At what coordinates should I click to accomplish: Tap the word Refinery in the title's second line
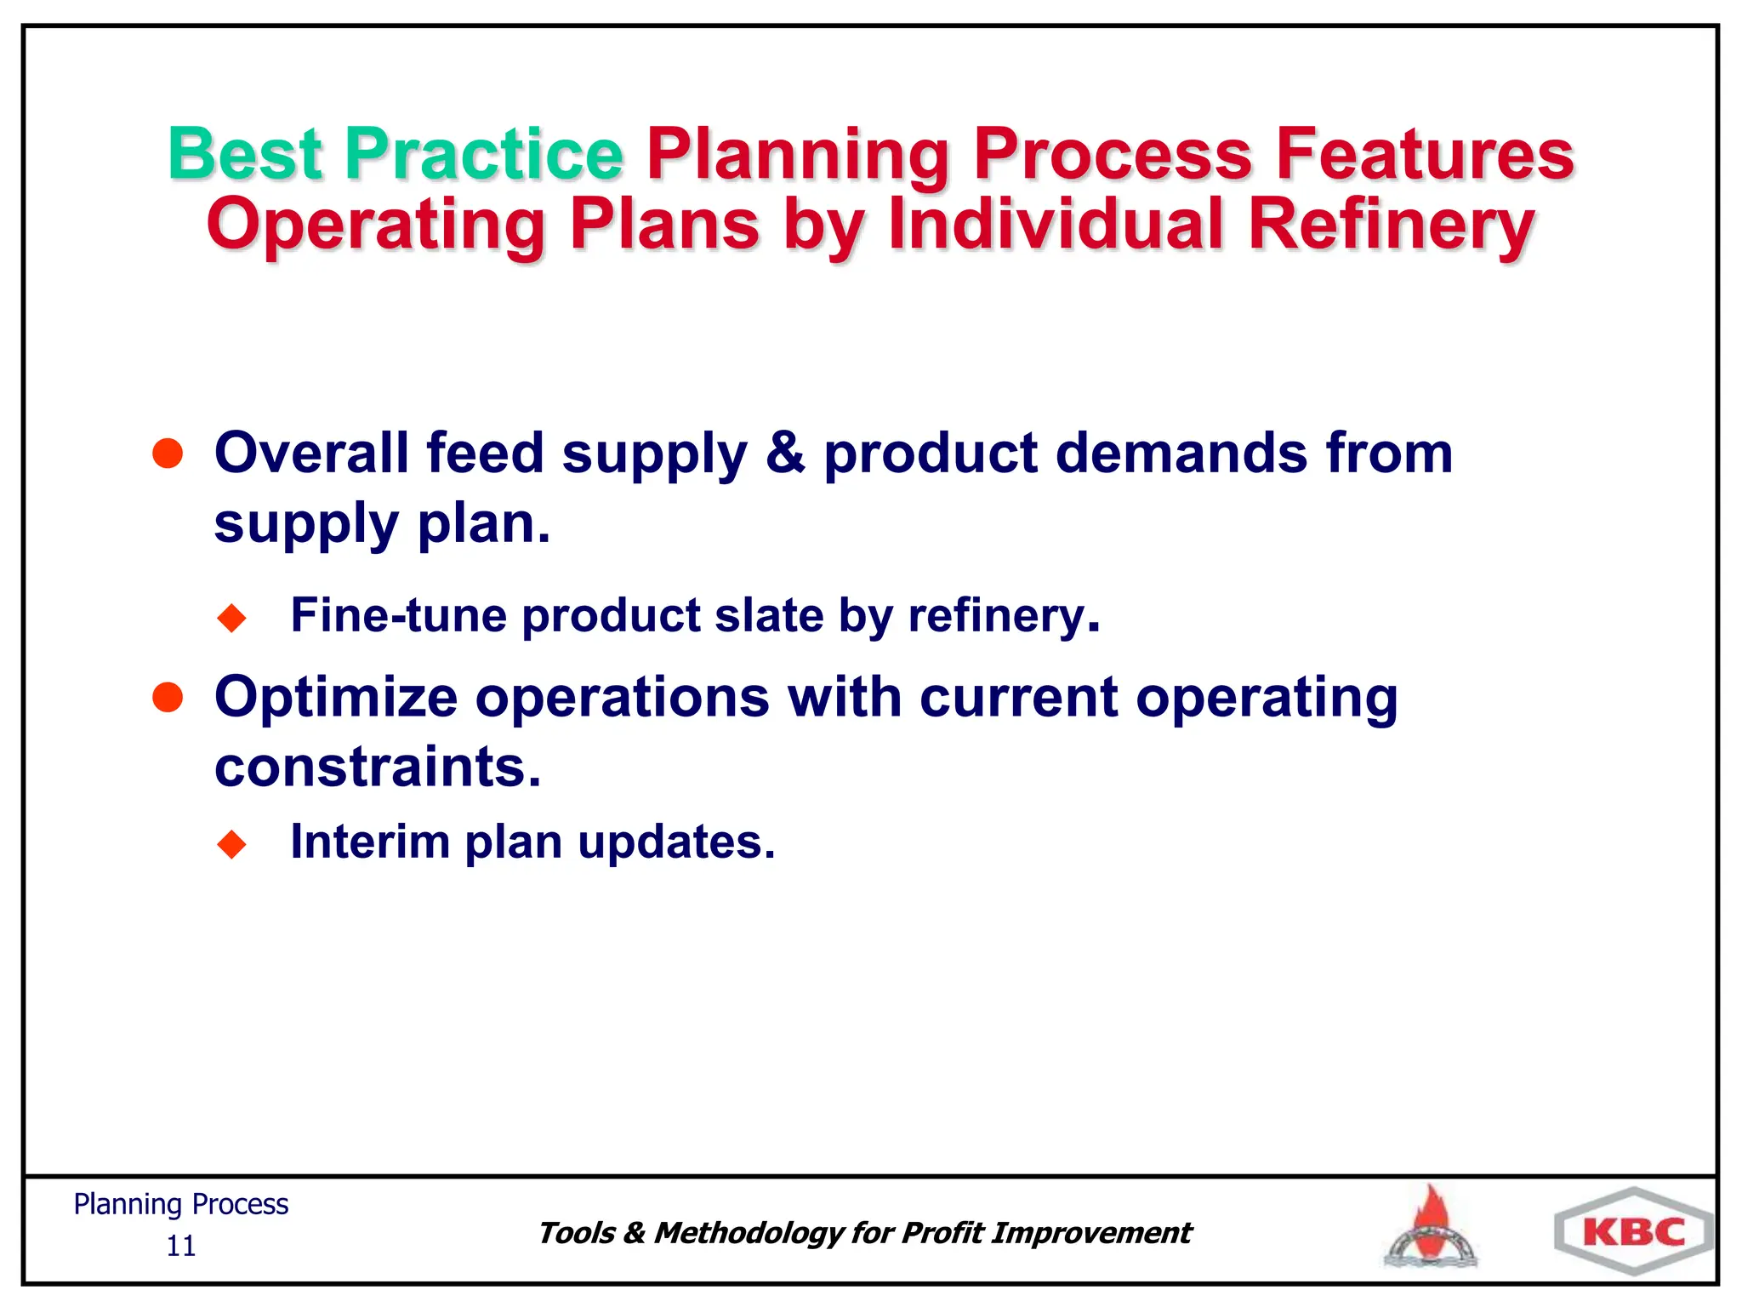click(x=1391, y=225)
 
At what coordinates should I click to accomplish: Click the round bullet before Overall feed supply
click(x=168, y=454)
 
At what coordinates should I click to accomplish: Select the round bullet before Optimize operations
click(x=168, y=698)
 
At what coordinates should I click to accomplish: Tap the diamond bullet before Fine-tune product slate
click(x=231, y=618)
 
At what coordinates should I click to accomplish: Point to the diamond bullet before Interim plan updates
click(x=231, y=844)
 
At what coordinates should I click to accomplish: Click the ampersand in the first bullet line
click(x=784, y=453)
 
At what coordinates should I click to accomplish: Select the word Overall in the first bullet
click(x=310, y=453)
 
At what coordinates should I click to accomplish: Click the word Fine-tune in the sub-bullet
click(x=398, y=615)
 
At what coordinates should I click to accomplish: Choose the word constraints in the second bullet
click(x=377, y=767)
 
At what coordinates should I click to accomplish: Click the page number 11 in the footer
click(x=180, y=1247)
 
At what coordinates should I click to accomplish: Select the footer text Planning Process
click(x=180, y=1204)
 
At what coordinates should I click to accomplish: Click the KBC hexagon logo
click(x=1633, y=1232)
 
